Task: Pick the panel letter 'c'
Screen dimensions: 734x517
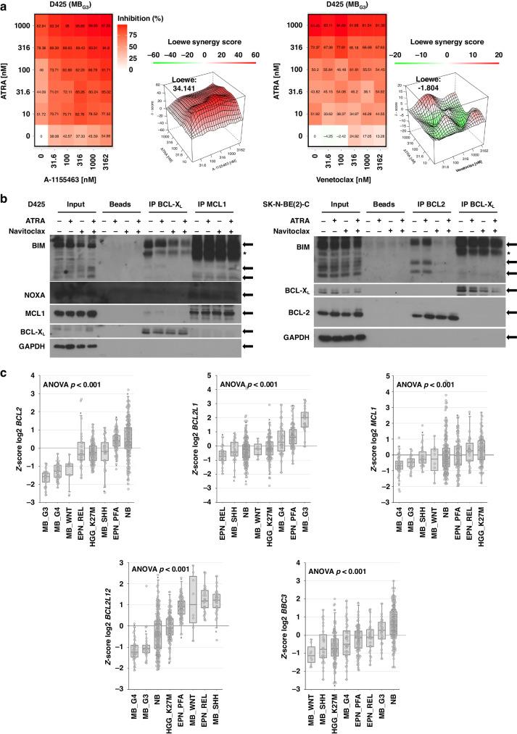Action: (x=4, y=374)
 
